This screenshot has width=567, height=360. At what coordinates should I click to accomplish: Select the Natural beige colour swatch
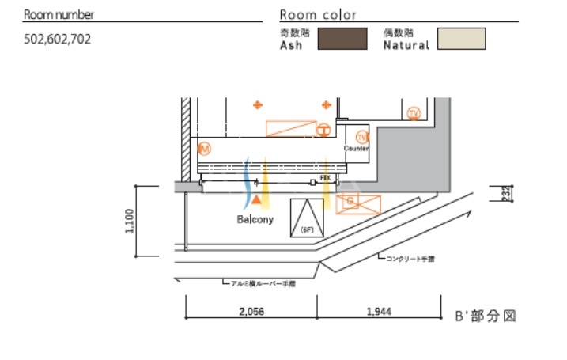coord(462,39)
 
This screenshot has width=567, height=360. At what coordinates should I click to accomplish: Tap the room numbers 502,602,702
coord(58,38)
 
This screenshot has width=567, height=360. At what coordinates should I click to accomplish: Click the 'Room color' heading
coord(318,15)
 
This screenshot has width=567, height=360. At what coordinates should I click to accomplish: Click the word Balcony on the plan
coord(255,219)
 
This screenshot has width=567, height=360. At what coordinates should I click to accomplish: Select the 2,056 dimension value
coord(250,312)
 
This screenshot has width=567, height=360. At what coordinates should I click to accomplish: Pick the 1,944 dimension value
coord(379,312)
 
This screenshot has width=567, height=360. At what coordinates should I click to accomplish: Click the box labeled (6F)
coord(308,218)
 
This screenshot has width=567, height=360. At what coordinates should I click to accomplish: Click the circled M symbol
coord(204,148)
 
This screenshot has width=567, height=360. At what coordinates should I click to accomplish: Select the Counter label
coord(356,148)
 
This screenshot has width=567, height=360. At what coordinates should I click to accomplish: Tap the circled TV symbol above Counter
coord(362,136)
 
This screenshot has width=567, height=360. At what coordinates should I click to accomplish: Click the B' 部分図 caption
coord(486,315)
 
